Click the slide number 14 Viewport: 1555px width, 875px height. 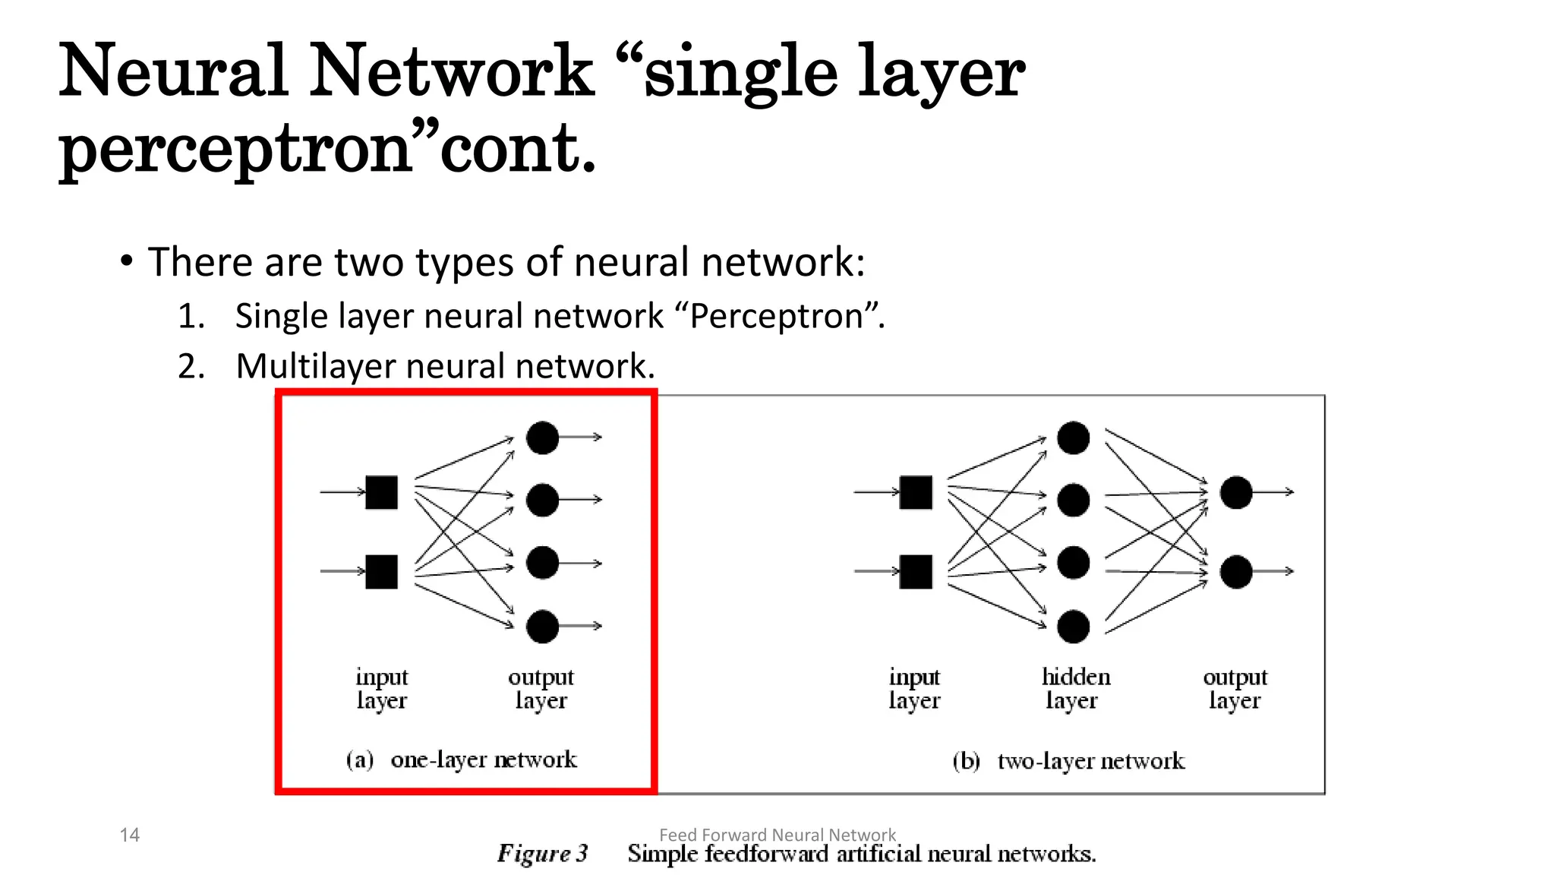pyautogui.click(x=129, y=835)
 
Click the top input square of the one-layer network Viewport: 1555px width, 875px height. pyautogui.click(x=381, y=492)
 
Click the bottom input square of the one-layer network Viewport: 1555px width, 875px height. pyautogui.click(x=381, y=571)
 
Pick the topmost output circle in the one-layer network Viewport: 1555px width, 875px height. pyautogui.click(x=542, y=437)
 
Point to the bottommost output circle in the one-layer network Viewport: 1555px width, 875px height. pyautogui.click(x=542, y=627)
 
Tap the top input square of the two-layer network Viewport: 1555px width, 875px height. pyautogui.click(x=916, y=492)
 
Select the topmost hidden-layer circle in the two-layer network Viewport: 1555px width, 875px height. pyautogui.click(x=1073, y=437)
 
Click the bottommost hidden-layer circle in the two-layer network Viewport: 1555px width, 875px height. pyautogui.click(x=1073, y=627)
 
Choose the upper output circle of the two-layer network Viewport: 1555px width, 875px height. pyautogui.click(x=1235, y=492)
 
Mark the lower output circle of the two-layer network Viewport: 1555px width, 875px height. pyautogui.click(x=1235, y=572)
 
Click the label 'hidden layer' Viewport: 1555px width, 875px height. pyautogui.click(x=1075, y=688)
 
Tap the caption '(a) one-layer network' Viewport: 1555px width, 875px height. pyautogui.click(x=462, y=760)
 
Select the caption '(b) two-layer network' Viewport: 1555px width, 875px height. pyautogui.click(x=1068, y=761)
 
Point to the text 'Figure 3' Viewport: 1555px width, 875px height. pyautogui.click(x=542, y=854)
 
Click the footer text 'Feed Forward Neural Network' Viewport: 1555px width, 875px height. pyautogui.click(x=777, y=834)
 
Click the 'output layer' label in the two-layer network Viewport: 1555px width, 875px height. pyautogui.click(x=1235, y=688)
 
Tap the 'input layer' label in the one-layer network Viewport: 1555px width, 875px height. pyautogui.click(x=382, y=688)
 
